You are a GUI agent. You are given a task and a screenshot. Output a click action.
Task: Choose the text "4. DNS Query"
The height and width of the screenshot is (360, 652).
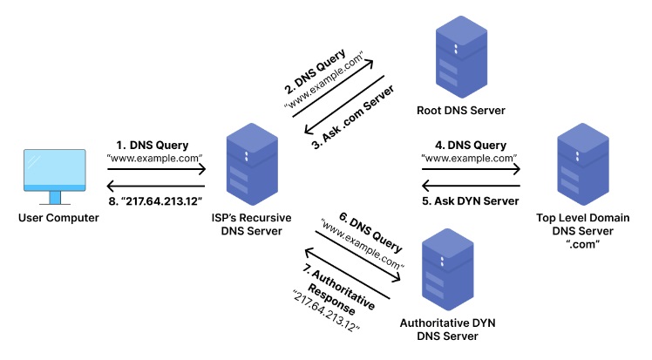[471, 145]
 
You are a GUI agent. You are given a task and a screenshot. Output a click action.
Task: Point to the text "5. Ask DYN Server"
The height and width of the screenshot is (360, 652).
[471, 201]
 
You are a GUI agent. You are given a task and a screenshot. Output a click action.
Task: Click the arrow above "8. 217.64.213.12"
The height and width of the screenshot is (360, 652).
[155, 185]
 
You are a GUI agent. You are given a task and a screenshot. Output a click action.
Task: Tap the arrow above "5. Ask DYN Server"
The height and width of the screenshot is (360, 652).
[471, 185]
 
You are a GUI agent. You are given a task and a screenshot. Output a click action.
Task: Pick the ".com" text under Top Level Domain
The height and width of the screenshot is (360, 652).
[581, 244]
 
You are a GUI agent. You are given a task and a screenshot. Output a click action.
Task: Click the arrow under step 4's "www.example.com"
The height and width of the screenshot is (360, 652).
[471, 171]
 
